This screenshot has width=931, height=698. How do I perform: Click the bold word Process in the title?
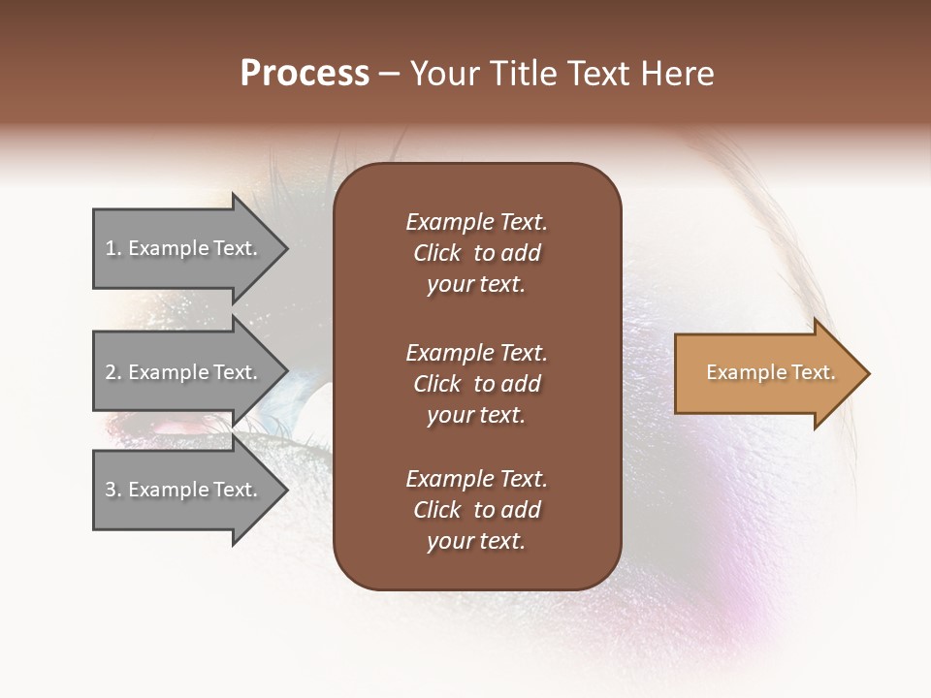click(x=305, y=74)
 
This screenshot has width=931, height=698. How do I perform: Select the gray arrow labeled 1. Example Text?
click(x=184, y=248)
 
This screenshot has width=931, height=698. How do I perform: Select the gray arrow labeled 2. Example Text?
click(x=184, y=372)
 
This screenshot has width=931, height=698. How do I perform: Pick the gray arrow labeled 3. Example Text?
click(x=184, y=490)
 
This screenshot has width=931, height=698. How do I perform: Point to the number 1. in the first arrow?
click(x=113, y=248)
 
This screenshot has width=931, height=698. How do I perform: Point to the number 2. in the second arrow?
click(x=113, y=372)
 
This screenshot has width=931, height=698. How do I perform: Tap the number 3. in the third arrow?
click(x=113, y=490)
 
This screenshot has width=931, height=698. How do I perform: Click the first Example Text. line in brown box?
click(x=476, y=222)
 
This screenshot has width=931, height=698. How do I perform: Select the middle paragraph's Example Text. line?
click(x=476, y=353)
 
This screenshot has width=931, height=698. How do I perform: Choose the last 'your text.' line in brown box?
click(x=476, y=542)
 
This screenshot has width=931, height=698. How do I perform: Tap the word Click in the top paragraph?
click(x=437, y=253)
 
